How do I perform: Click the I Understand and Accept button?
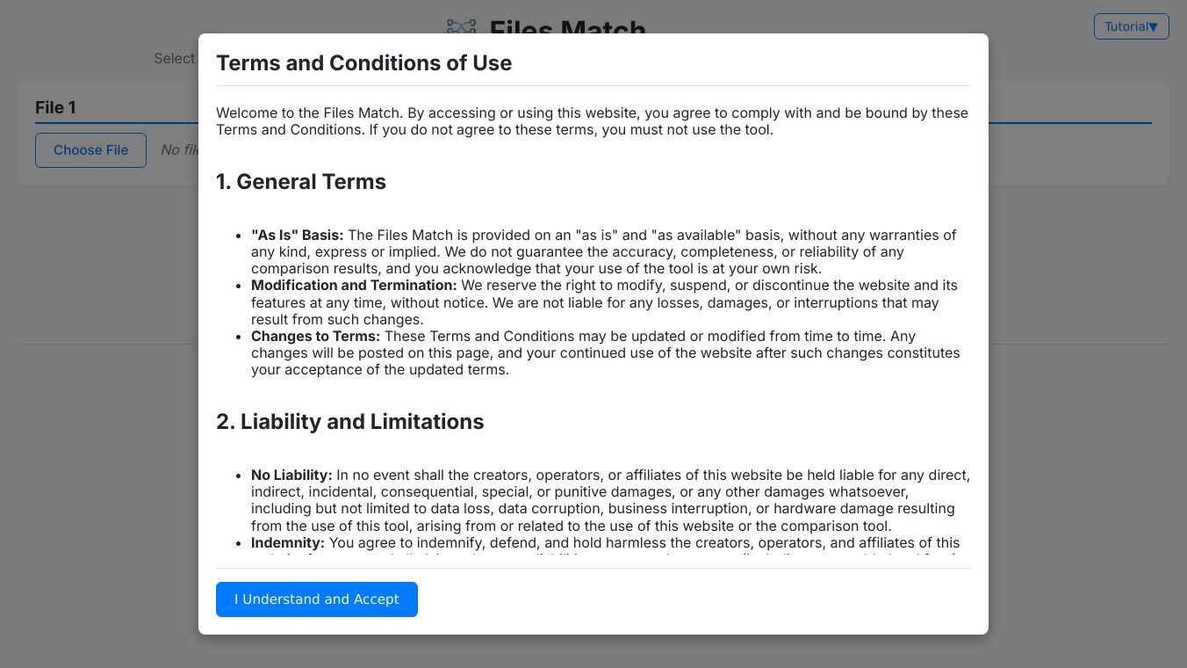(316, 599)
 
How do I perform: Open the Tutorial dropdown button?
(1131, 26)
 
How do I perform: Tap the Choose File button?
(90, 150)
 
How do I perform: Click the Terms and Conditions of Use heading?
(363, 63)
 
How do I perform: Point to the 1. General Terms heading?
(301, 182)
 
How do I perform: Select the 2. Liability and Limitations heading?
(349, 422)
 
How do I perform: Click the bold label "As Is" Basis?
(297, 236)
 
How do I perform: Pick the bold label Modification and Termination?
(354, 286)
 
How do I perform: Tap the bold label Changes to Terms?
(315, 337)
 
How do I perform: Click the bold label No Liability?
(291, 476)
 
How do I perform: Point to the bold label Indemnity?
(288, 543)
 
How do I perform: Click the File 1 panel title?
(55, 107)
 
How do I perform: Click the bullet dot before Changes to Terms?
(239, 337)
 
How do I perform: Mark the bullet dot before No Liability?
(239, 476)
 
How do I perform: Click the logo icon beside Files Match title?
(461, 26)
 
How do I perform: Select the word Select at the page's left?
(174, 59)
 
